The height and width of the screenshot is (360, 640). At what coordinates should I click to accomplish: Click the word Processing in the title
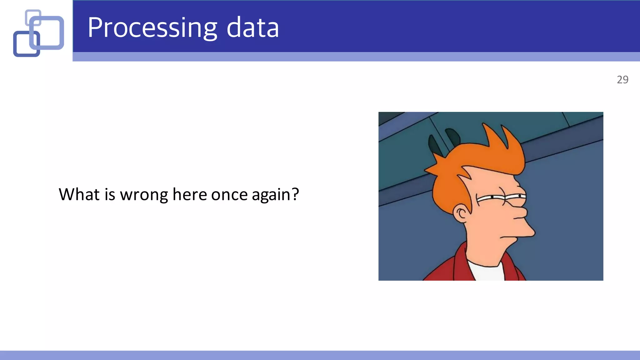click(152, 28)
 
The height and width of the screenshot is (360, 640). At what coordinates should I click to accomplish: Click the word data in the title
click(252, 28)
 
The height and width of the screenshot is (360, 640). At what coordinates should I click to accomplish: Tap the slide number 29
click(622, 80)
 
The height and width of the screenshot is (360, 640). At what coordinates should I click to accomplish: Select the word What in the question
click(79, 194)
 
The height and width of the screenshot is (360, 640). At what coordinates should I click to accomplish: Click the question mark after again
click(295, 194)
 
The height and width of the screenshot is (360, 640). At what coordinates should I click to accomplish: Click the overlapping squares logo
click(38, 33)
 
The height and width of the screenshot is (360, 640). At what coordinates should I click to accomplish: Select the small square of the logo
click(33, 17)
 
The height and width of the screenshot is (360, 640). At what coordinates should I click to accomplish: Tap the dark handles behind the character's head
click(444, 141)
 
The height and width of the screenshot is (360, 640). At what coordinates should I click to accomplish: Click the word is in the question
click(110, 194)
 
